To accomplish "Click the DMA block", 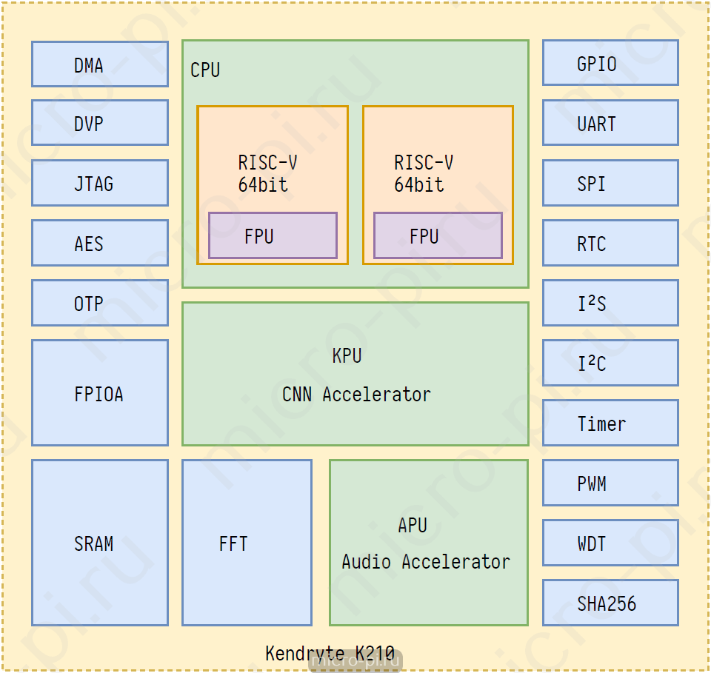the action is [x=100, y=64].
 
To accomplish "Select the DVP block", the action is [x=100, y=123].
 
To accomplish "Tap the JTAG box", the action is [x=100, y=183].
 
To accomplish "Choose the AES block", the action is [x=100, y=243].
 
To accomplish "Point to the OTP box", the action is [x=100, y=303].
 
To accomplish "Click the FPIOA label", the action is [x=99, y=395].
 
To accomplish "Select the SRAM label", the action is [x=94, y=544].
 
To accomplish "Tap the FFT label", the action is [x=233, y=544].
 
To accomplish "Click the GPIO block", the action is [x=610, y=62].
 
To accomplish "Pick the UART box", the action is [x=610, y=123].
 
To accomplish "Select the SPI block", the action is [x=610, y=183].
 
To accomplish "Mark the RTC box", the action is [x=610, y=243].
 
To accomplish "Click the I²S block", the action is [x=610, y=303].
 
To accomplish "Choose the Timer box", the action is [x=610, y=423].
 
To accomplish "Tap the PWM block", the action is [x=610, y=483].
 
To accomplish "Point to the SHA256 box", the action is [x=610, y=603].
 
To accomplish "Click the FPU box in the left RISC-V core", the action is [x=273, y=235].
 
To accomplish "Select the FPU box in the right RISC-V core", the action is [x=438, y=235].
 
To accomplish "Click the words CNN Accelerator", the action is [x=356, y=395].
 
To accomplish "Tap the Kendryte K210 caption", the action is [x=330, y=654].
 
